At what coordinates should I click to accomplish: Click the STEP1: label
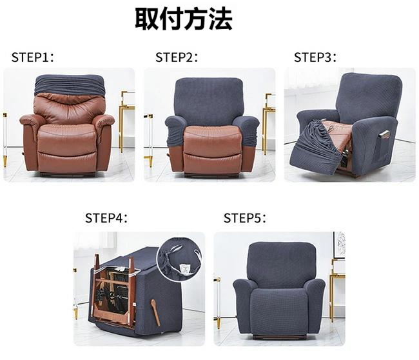point(33,57)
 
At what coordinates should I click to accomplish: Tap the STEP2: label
point(177,57)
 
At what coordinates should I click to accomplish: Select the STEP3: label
point(315,57)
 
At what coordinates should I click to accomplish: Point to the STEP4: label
point(106,218)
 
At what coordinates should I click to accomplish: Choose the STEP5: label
point(245,218)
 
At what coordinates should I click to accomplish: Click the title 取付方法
point(184,19)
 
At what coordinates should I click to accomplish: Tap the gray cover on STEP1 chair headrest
point(69,85)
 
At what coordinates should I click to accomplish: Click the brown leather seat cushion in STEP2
point(212,139)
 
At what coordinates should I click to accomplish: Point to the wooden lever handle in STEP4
point(155,312)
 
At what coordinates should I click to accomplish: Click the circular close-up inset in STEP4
point(180,259)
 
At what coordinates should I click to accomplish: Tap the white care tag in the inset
point(184,269)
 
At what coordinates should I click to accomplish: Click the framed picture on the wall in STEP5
point(339,245)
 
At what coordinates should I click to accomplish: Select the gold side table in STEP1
point(126,121)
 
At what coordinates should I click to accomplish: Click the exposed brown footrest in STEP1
point(66,161)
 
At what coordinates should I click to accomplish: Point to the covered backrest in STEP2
point(208,97)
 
